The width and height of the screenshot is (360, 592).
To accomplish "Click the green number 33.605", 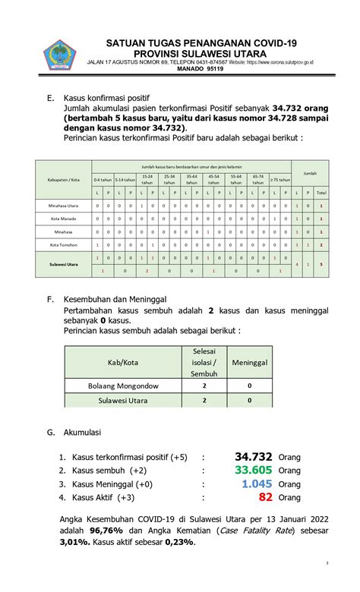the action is click(254, 470).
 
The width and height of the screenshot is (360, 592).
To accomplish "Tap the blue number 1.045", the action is click(257, 483).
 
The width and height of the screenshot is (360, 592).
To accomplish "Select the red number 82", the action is click(265, 497).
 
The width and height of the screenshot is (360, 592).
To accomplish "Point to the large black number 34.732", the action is click(254, 456).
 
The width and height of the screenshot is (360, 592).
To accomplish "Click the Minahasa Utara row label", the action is click(64, 206).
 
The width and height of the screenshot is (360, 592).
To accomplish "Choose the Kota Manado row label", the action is click(64, 219).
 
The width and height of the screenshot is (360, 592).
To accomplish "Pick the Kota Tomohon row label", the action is click(64, 245).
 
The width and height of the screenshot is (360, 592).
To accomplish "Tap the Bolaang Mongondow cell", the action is click(123, 385).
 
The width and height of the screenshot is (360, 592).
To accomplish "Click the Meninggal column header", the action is click(250, 363).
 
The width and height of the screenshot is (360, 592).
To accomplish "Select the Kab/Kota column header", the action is click(123, 363).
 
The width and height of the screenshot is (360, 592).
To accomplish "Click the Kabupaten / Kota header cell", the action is click(64, 180).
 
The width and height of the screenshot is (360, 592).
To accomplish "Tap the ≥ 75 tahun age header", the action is click(280, 180).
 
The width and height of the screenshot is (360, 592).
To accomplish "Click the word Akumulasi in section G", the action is click(83, 432).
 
